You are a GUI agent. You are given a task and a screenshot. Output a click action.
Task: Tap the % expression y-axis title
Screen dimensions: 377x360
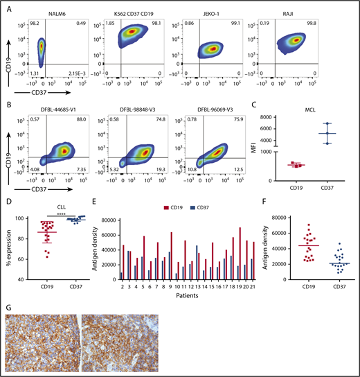click(x=10, y=248)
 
